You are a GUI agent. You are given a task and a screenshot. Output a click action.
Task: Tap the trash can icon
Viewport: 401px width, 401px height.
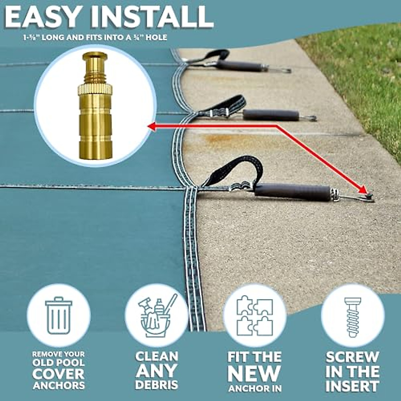(x=58, y=316)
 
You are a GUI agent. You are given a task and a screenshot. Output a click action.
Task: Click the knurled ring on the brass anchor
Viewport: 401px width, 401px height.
(x=95, y=90)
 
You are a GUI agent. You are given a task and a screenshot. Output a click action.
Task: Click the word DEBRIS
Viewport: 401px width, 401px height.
(x=157, y=385)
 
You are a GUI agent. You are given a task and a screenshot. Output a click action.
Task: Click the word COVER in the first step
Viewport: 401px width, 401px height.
(x=58, y=374)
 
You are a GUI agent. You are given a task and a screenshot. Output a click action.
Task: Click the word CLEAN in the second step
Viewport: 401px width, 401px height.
(x=157, y=356)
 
